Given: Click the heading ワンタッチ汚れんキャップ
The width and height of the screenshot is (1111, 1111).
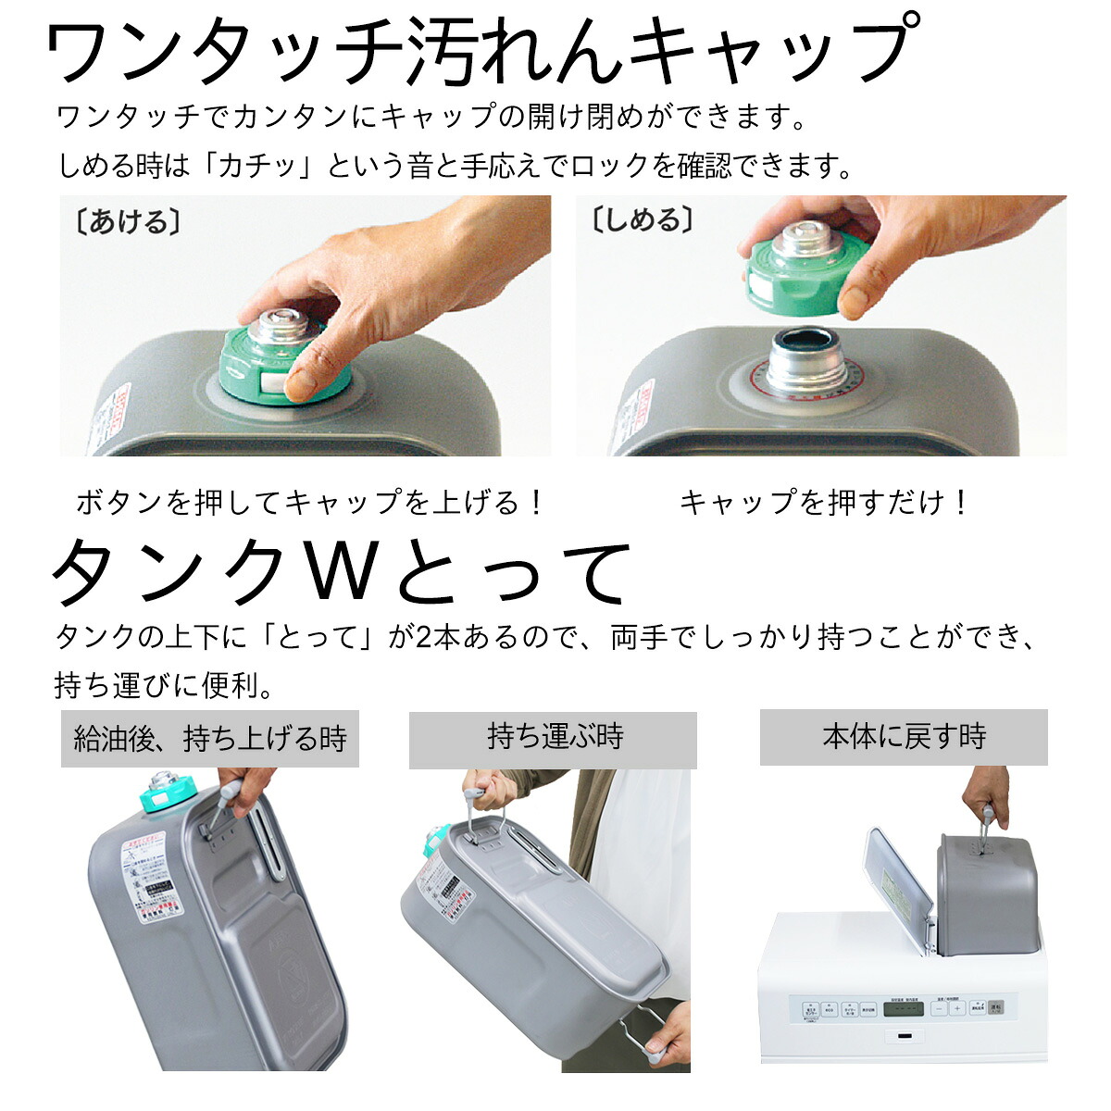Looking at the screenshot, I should pyautogui.click(x=481, y=53).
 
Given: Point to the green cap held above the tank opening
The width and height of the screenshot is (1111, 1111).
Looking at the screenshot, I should pyautogui.click(x=796, y=268).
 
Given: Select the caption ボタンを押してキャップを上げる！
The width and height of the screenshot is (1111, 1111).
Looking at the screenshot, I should pyautogui.click(x=310, y=503).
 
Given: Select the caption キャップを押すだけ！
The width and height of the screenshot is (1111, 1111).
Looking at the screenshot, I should pyautogui.click(x=824, y=503).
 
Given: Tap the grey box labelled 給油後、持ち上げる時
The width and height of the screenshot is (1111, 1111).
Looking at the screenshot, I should pyautogui.click(x=210, y=739).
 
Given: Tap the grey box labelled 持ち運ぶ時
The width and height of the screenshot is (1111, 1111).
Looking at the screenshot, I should pyautogui.click(x=554, y=737).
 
